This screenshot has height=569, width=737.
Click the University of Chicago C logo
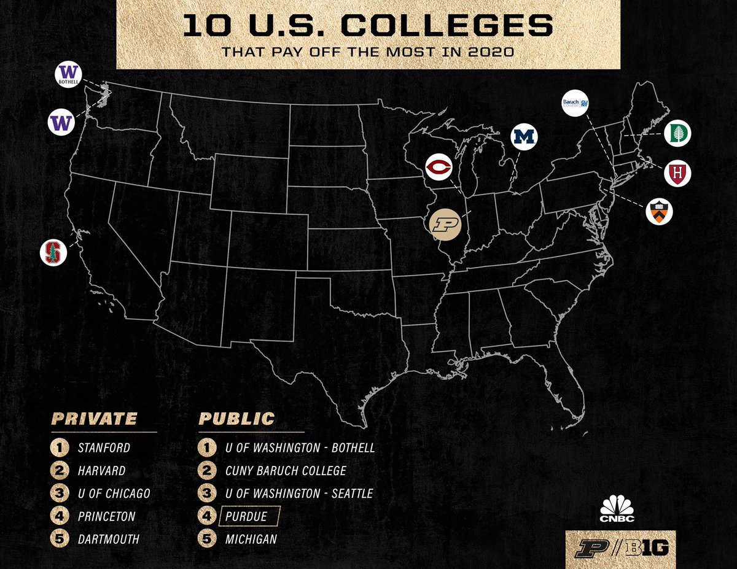[439, 168]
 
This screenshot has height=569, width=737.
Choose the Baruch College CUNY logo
[578, 103]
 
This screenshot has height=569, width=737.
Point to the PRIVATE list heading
[94, 419]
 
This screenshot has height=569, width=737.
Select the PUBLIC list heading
[236, 419]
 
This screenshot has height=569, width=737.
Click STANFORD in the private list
[104, 447]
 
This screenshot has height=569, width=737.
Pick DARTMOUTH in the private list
[109, 540]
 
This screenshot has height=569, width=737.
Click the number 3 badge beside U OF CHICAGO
[59, 494]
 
